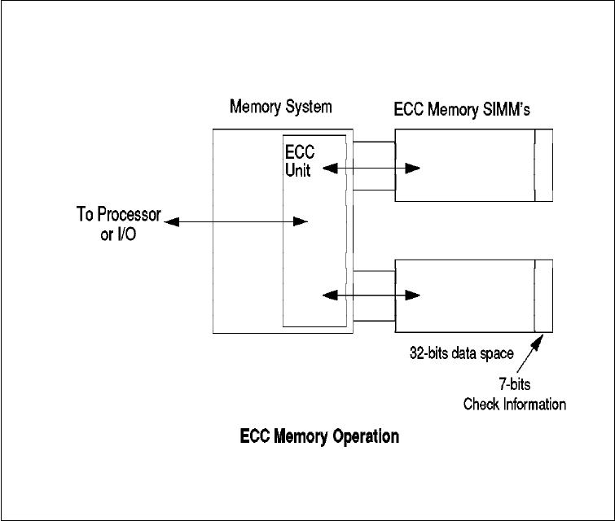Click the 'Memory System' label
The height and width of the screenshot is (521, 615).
pyautogui.click(x=281, y=107)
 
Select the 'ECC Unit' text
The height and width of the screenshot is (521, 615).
pyautogui.click(x=297, y=161)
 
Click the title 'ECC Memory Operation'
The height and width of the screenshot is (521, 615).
pyautogui.click(x=319, y=437)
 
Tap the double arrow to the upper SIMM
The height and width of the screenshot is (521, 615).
pyautogui.click(x=371, y=169)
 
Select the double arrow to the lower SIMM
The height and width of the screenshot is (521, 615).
pyautogui.click(x=371, y=295)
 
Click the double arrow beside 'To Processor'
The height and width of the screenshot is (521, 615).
pyautogui.click(x=236, y=221)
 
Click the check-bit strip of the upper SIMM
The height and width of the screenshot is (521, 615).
pyautogui.click(x=543, y=165)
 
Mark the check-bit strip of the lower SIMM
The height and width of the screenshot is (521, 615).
pyautogui.click(x=543, y=296)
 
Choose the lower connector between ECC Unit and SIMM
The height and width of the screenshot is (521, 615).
pyautogui.click(x=376, y=295)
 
